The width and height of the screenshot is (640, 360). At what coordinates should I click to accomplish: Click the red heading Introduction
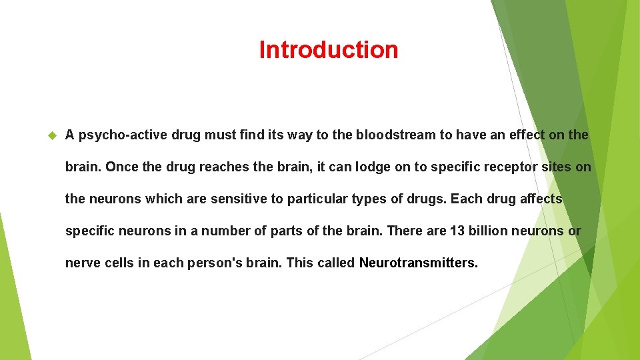click(328, 50)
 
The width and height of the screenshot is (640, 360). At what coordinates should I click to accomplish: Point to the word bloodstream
click(396, 135)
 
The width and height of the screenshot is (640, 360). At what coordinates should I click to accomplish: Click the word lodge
click(371, 167)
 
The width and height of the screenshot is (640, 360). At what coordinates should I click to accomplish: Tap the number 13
click(457, 231)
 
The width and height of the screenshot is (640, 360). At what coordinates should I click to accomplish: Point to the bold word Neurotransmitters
click(418, 263)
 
